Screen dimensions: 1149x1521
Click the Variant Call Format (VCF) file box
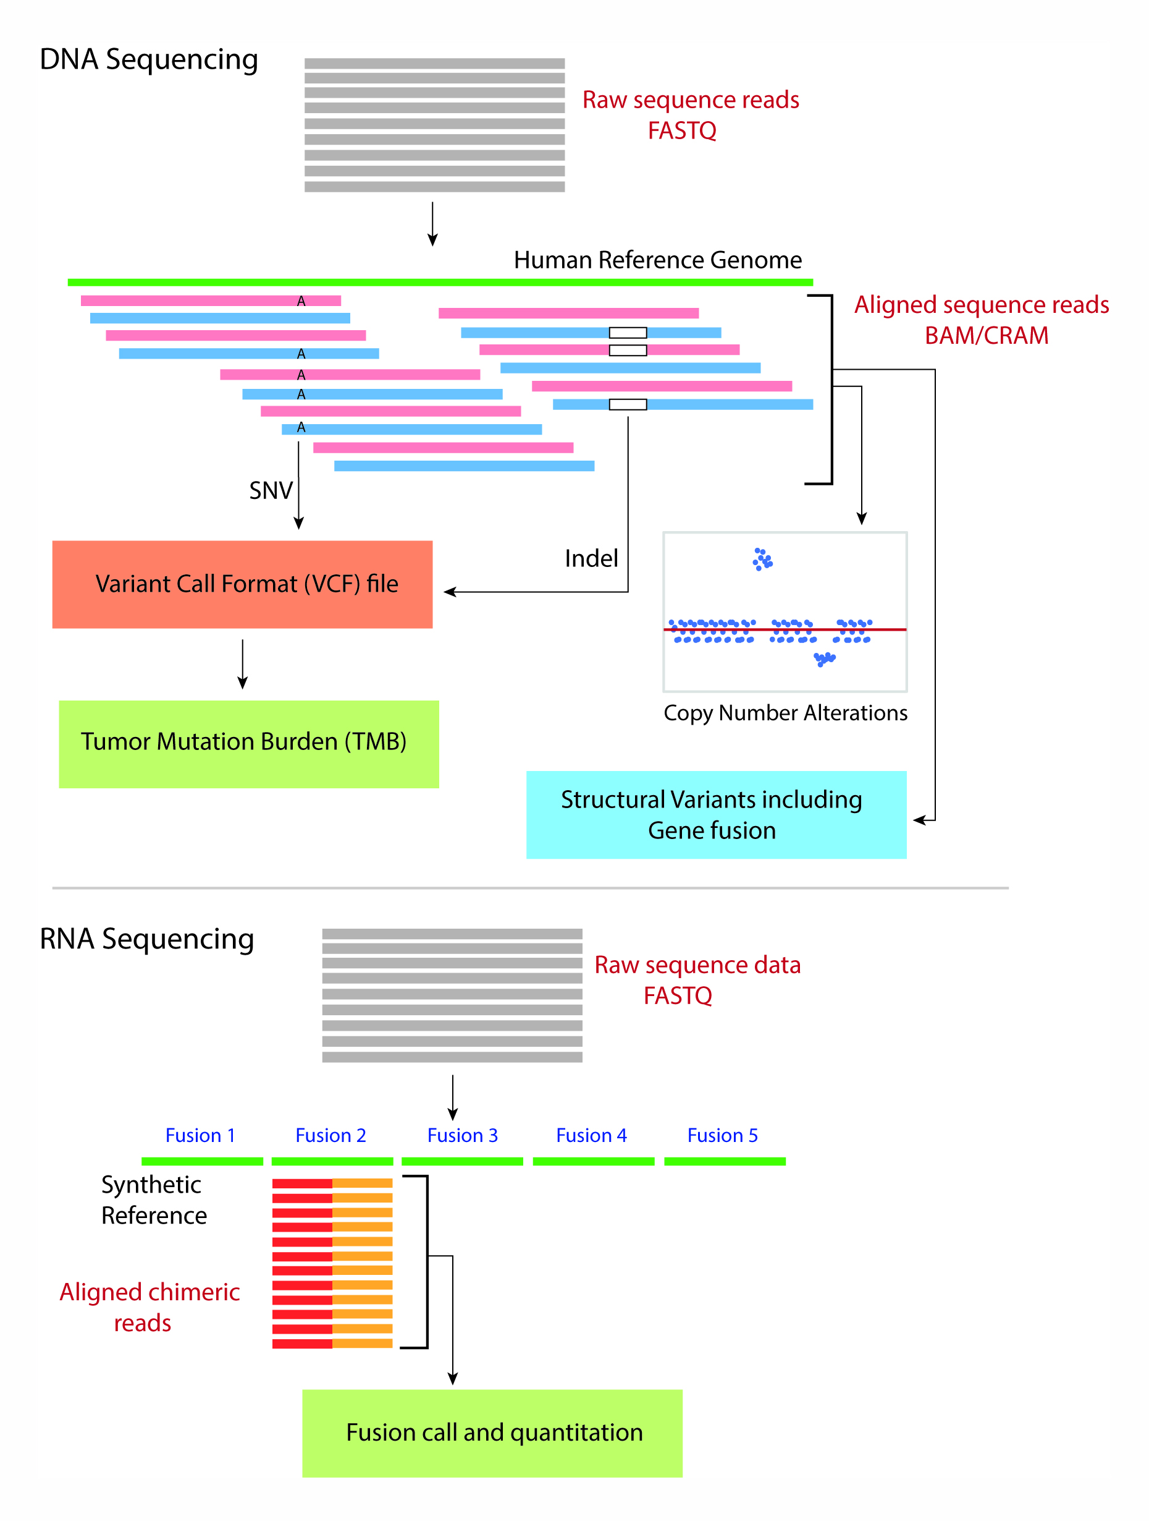pos(242,584)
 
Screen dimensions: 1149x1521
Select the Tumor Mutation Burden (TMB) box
pos(249,744)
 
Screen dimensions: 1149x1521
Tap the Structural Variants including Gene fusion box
pos(716,815)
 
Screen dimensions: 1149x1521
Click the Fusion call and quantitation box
pos(492,1433)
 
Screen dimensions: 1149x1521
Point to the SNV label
pos(271,491)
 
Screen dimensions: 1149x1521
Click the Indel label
pos(591,558)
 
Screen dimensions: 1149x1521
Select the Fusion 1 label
pos(200,1135)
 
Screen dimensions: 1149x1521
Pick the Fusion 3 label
pos(463,1135)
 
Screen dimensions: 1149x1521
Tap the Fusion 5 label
pos(722,1135)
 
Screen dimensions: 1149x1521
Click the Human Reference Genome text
pos(658,260)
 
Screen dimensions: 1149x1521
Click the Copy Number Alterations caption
pos(786,713)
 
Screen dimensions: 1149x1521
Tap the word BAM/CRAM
pos(986,336)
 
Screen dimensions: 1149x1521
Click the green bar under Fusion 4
pos(594,1161)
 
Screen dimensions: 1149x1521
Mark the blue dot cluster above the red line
pos(763,559)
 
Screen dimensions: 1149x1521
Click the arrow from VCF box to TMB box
pos(243,664)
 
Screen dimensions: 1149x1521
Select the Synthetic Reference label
pos(154,1200)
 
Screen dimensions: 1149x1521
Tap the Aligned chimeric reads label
pos(150,1307)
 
